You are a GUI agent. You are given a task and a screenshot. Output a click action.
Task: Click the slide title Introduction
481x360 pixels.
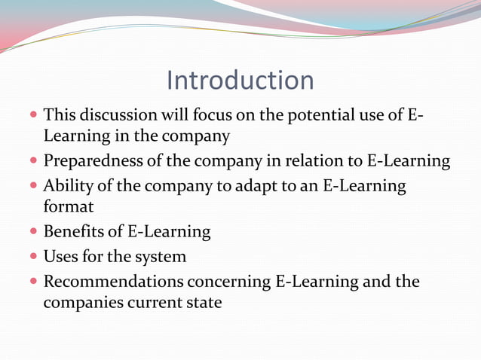pyautogui.click(x=240, y=81)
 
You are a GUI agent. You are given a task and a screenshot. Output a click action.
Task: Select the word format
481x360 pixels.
pyautogui.click(x=69, y=206)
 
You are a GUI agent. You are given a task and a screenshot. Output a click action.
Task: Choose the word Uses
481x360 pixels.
pyautogui.click(x=61, y=257)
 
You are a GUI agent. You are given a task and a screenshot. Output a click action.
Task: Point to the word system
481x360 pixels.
pyautogui.click(x=159, y=257)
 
